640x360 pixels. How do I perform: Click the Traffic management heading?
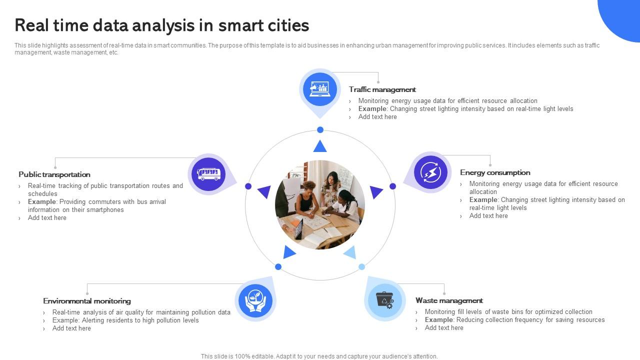click(x=382, y=89)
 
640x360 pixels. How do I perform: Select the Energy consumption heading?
click(x=495, y=172)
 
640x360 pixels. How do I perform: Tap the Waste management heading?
click(x=448, y=300)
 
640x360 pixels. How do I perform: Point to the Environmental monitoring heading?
click(x=86, y=301)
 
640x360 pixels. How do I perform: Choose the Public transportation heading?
click(x=54, y=174)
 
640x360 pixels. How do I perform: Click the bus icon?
click(x=208, y=174)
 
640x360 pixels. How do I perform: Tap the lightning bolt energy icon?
click(x=430, y=172)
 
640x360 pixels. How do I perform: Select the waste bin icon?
click(x=384, y=300)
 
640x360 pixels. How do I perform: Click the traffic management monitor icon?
click(x=319, y=89)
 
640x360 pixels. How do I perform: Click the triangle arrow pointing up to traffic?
click(x=320, y=146)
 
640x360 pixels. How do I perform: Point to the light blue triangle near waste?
click(x=350, y=252)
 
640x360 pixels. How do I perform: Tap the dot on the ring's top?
click(x=320, y=130)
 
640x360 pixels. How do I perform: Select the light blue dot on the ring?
click(x=362, y=267)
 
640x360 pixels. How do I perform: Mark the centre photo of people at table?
click(x=320, y=204)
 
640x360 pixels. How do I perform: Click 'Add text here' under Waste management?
click(x=444, y=328)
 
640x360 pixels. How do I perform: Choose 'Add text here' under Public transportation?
click(x=47, y=218)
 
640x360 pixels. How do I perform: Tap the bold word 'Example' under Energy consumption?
click(x=483, y=200)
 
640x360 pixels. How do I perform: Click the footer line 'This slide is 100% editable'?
click(x=319, y=356)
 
